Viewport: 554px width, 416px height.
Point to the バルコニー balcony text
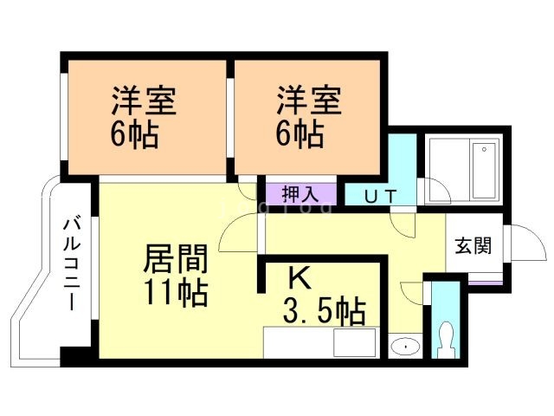[x=70, y=264]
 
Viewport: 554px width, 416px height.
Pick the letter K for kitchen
[x=298, y=279]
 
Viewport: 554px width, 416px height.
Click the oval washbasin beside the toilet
[x=403, y=347]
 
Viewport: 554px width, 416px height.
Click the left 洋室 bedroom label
[x=144, y=101]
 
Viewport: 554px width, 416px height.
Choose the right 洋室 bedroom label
[x=309, y=101]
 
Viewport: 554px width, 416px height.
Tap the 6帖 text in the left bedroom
[x=134, y=134]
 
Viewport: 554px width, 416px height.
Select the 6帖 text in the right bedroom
[x=300, y=134]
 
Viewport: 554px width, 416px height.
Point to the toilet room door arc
[x=413, y=290]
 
